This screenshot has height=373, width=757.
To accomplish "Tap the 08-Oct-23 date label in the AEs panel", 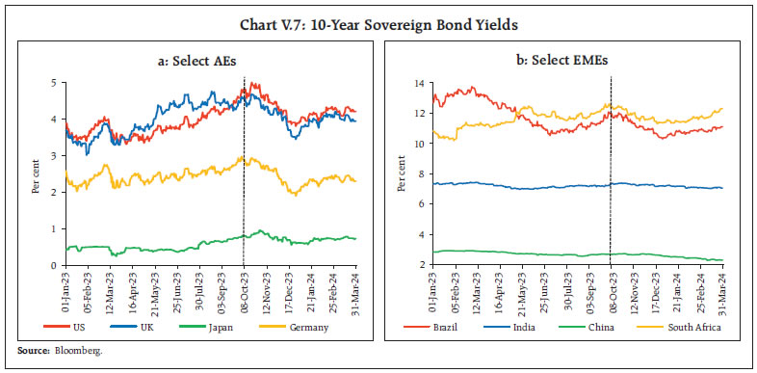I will pyautogui.click(x=243, y=290).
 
